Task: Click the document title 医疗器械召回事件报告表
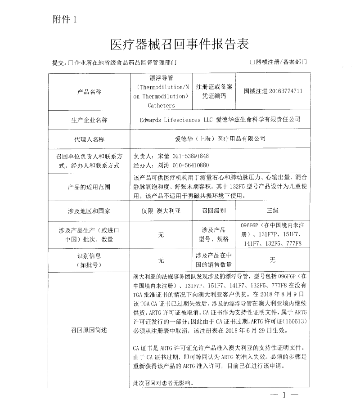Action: [x=180, y=44]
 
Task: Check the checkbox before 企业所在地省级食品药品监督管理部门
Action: [x=71, y=63]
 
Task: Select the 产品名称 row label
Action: [x=90, y=92]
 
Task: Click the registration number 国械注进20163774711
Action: [x=273, y=91]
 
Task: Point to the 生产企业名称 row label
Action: [x=90, y=120]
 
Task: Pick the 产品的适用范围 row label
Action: [x=90, y=186]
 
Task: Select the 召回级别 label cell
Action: [x=214, y=210]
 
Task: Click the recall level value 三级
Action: [x=273, y=210]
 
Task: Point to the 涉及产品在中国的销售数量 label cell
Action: [x=214, y=260]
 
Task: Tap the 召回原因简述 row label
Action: [x=90, y=330]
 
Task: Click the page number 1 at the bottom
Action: [x=284, y=395]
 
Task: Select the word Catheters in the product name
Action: [x=161, y=105]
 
